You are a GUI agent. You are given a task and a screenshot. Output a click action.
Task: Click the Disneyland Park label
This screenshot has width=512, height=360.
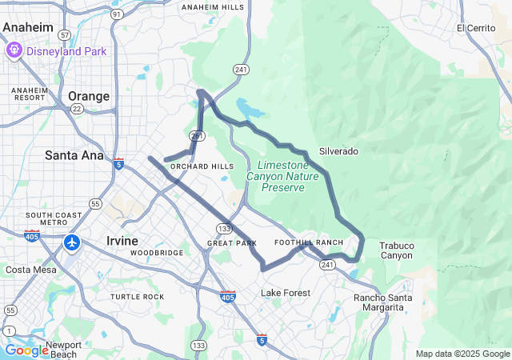coord(66,51)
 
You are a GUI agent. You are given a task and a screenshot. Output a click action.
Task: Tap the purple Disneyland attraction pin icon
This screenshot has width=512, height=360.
coord(14,51)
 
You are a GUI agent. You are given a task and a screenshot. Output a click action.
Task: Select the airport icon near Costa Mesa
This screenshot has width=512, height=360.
coord(72,242)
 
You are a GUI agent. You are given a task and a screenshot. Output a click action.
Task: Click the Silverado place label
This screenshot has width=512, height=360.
coord(338,150)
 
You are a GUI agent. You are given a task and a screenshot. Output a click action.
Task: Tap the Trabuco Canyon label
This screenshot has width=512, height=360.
coord(396,250)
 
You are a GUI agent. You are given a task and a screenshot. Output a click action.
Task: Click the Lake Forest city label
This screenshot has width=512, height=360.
coord(285,293)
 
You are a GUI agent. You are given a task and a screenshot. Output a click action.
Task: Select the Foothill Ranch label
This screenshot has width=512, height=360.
coord(308,242)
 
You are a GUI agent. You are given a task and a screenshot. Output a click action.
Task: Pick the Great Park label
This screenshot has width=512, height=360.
coord(231,242)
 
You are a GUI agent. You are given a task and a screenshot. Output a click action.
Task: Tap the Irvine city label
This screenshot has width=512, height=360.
coord(122,240)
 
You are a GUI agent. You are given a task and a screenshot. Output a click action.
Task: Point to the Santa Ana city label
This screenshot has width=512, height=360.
coord(74,154)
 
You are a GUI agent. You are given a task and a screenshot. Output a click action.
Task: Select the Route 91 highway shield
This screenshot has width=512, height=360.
coord(117,14)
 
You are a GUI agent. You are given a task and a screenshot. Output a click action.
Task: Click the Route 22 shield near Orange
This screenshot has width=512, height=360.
coord(77,110)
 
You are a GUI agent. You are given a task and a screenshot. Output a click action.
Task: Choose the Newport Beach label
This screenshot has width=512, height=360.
coord(63,350)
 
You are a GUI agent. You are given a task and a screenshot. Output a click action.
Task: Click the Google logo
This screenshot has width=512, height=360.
coord(26,350)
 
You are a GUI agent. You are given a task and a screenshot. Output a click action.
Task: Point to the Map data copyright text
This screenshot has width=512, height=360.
coord(462,354)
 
